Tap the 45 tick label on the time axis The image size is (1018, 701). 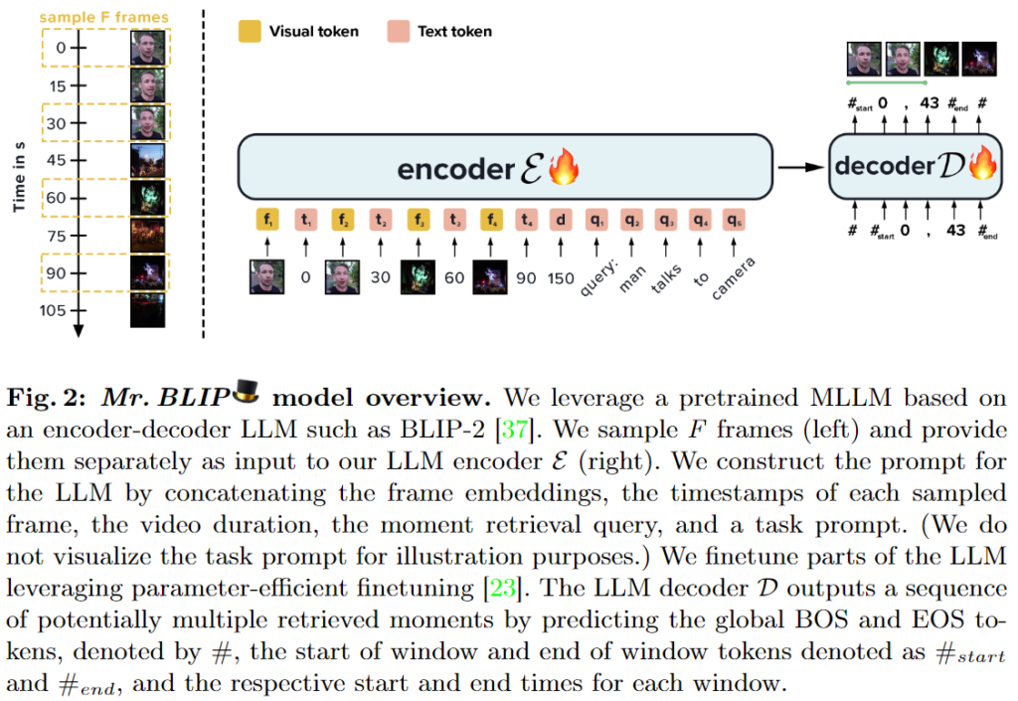coord(57,159)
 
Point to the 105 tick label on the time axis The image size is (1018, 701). coord(54,310)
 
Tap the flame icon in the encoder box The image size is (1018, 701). coord(563,167)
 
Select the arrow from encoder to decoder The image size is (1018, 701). coord(800,167)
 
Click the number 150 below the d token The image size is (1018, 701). coord(561,278)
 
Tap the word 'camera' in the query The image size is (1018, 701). coord(735,279)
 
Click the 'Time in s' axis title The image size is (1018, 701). coord(19,175)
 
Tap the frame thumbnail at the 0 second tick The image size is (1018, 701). coord(148,47)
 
